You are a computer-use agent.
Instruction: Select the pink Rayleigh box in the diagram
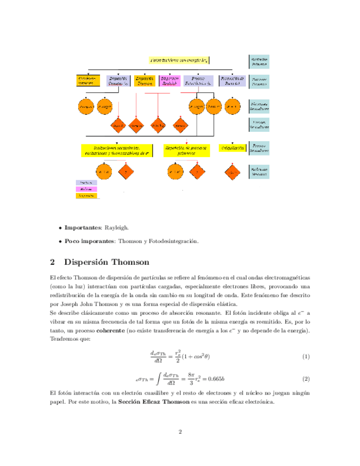point(169,81)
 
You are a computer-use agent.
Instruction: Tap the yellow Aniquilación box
point(232,148)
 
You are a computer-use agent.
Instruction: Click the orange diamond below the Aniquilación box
point(232,173)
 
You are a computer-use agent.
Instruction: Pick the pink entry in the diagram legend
point(86,188)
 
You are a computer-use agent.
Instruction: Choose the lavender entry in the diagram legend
point(86,182)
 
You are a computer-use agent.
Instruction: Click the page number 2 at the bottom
point(180,432)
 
